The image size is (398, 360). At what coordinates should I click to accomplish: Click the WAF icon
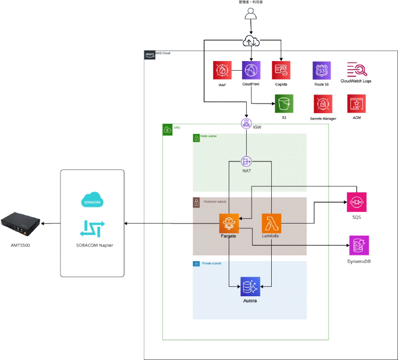click(x=222, y=70)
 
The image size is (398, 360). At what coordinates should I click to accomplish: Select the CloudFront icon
click(x=251, y=70)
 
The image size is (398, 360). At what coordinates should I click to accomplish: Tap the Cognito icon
click(x=280, y=70)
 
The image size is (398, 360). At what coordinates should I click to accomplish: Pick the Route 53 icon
click(x=322, y=70)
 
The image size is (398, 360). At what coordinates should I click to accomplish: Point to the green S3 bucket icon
click(x=284, y=104)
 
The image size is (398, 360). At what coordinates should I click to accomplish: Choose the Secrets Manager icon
click(x=322, y=104)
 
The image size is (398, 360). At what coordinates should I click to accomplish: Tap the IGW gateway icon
click(x=246, y=124)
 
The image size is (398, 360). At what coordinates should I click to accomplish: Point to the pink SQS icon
click(x=357, y=202)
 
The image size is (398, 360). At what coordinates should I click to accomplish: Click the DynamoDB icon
click(x=359, y=245)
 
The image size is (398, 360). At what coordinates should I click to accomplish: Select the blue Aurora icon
click(x=249, y=287)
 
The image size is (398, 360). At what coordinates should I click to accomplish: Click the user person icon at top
click(x=250, y=15)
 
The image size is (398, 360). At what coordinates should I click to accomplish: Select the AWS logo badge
click(x=149, y=55)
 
